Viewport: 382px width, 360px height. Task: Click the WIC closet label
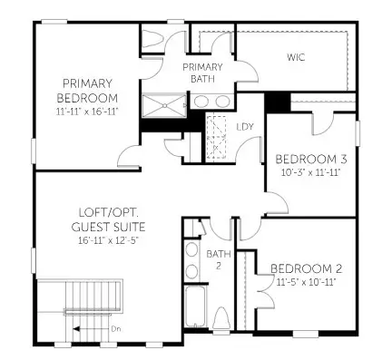point(296,57)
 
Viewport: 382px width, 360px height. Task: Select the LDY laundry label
point(245,126)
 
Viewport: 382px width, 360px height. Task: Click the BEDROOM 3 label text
point(308,160)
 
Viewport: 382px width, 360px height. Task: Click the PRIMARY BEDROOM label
point(87,92)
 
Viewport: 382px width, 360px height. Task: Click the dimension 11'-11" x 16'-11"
point(87,111)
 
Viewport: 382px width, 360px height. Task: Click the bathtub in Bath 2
point(196,313)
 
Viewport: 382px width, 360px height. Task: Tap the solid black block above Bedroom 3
point(277,102)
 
